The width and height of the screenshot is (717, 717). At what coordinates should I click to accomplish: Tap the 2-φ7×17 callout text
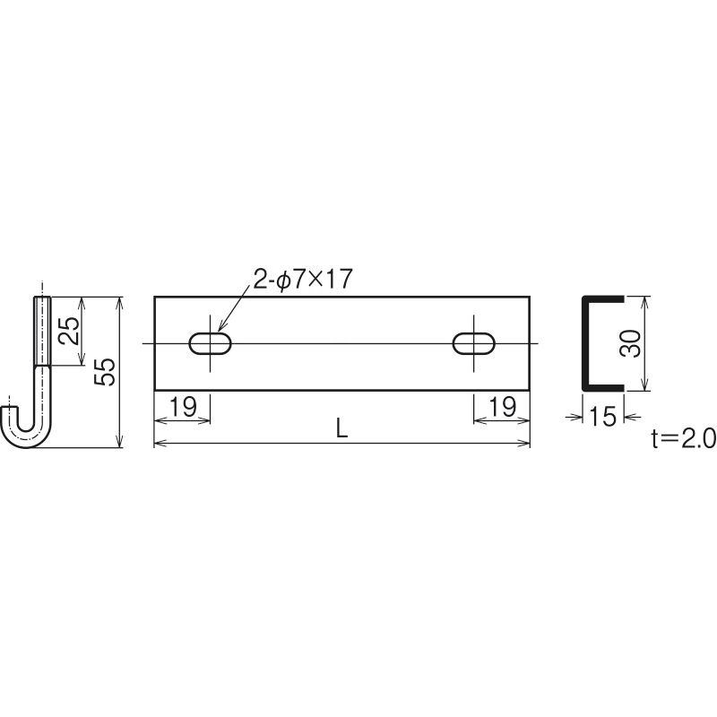pyautogui.click(x=303, y=279)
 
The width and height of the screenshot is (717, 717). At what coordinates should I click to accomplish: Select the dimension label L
pyautogui.click(x=341, y=428)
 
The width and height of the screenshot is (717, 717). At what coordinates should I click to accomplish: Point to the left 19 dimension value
pyautogui.click(x=183, y=406)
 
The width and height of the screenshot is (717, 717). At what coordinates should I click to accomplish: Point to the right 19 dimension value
pyautogui.click(x=502, y=406)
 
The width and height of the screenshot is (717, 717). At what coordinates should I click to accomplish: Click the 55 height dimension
pyautogui.click(x=104, y=372)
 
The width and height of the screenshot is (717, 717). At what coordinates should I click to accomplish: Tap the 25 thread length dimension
pyautogui.click(x=70, y=330)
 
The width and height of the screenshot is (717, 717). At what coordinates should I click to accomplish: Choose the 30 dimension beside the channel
pyautogui.click(x=630, y=343)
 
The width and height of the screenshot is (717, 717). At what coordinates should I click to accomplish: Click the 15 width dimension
pyautogui.click(x=603, y=417)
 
